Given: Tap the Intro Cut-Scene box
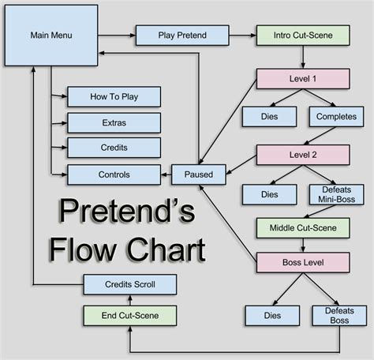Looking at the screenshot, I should click(x=301, y=36).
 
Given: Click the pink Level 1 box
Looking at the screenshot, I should click(x=301, y=79).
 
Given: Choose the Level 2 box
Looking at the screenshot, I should click(x=301, y=155).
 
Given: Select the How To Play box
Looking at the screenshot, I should click(x=114, y=96).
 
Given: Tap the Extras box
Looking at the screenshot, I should click(x=114, y=122).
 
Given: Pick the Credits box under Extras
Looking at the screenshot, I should click(x=114, y=148).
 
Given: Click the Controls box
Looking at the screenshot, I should click(x=114, y=174).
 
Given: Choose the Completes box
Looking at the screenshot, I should click(x=338, y=117).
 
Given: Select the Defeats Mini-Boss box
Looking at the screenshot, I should click(x=338, y=194).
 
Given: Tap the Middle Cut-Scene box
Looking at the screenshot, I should click(x=301, y=227).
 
